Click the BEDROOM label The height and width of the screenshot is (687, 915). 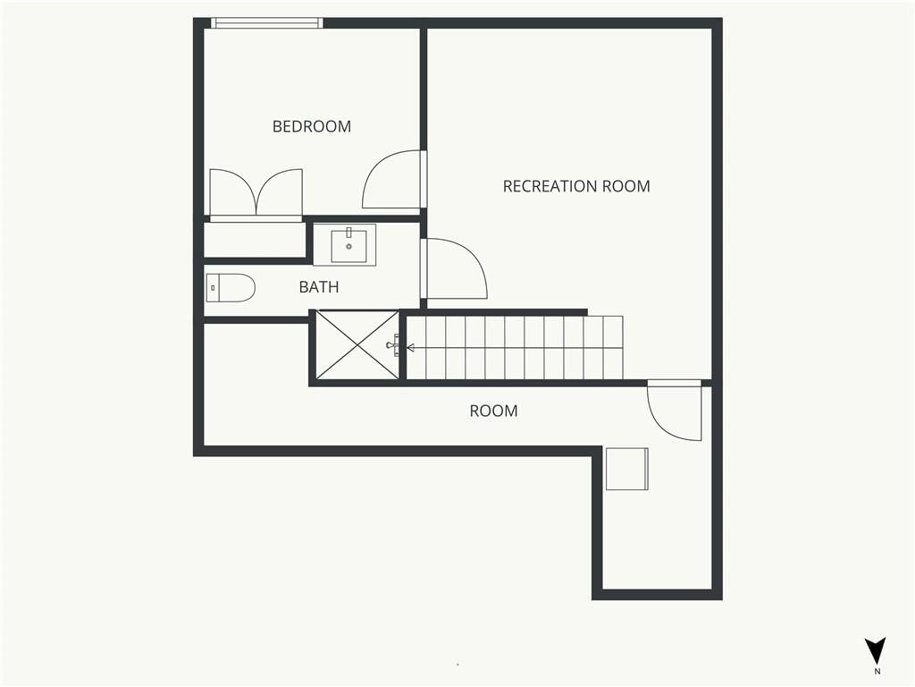pos(312,126)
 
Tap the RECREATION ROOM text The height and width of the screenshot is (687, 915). pos(576,186)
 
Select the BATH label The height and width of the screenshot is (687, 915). pos(319,287)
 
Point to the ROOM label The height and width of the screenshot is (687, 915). pos(493,411)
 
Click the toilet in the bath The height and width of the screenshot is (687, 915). pos(231,288)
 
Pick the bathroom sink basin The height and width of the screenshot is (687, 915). pos(349,246)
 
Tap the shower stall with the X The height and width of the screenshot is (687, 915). pos(357,344)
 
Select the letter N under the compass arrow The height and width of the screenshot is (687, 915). pos(877,671)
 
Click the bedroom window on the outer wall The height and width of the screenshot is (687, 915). pos(266,22)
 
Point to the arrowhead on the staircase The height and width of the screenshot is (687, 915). pos(410,348)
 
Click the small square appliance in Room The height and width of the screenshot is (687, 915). pos(626,469)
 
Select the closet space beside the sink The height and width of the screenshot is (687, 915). pos(255,240)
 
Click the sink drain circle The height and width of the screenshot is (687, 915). pos(349,247)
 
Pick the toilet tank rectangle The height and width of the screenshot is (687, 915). pos(213,288)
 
